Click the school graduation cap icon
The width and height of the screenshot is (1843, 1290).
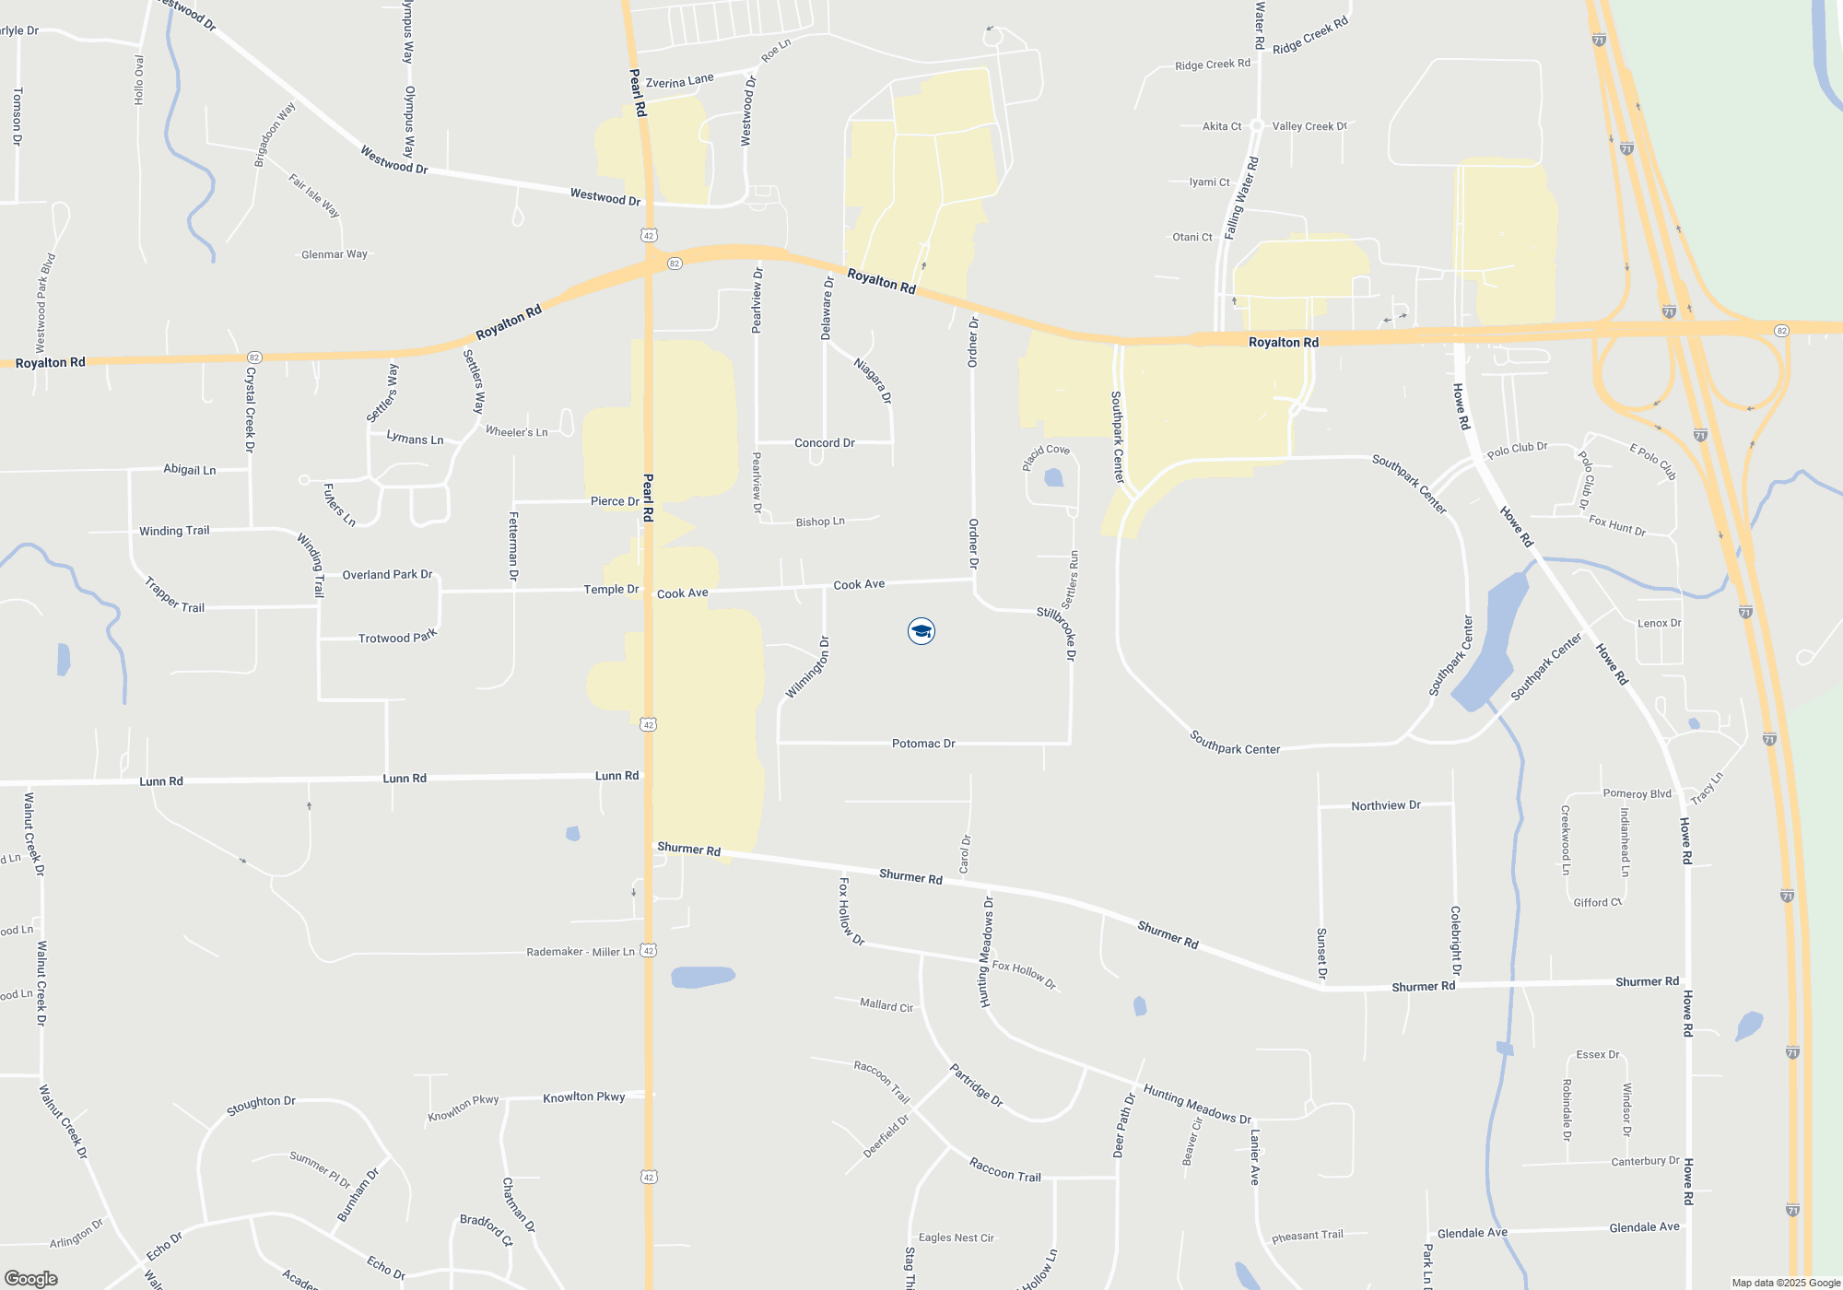(921, 631)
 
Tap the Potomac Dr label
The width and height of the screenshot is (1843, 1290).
(923, 744)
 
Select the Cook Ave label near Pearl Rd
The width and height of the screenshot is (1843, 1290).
(683, 593)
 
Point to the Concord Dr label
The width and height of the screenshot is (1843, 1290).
(825, 443)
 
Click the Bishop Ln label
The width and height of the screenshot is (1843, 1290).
(820, 522)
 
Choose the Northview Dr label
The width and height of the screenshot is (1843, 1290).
(1386, 805)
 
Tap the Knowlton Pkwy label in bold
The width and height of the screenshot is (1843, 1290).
(584, 1096)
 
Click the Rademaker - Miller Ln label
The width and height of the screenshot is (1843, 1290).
(581, 952)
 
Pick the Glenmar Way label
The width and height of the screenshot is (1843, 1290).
(335, 254)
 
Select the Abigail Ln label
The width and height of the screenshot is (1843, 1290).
(190, 469)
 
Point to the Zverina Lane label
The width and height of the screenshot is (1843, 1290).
(680, 81)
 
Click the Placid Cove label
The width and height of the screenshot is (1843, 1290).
(1046, 456)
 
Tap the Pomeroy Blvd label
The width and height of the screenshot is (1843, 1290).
(1638, 793)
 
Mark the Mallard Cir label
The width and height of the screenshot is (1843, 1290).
(886, 1005)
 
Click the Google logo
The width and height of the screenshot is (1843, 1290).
(31, 1278)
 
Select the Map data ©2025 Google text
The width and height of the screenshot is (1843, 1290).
(1786, 1283)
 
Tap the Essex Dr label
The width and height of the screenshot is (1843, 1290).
(1598, 1054)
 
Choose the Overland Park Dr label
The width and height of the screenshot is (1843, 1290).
(387, 574)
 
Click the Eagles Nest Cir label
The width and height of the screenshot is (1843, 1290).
(957, 1237)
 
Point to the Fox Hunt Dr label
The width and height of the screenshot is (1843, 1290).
(1617, 525)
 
